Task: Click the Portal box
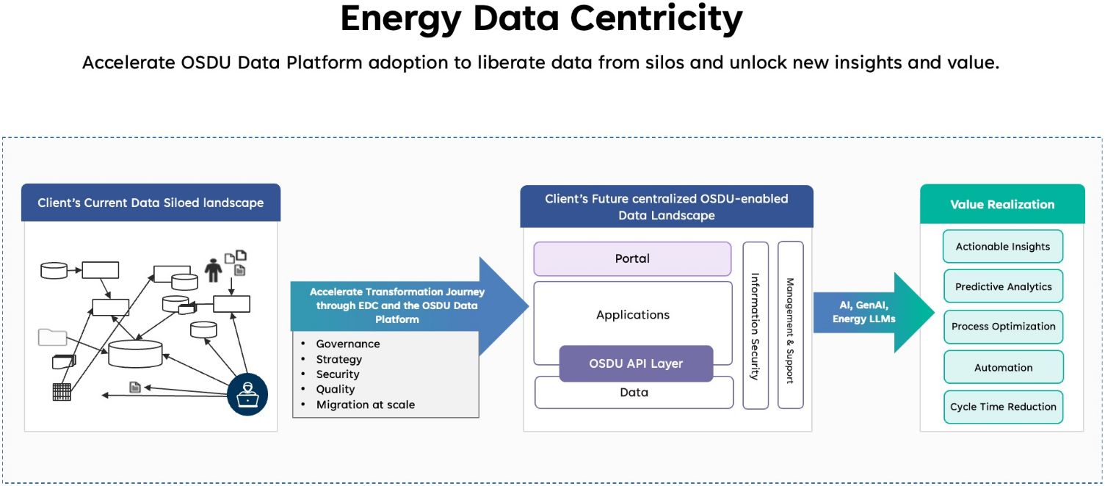632,258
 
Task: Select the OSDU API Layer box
636,363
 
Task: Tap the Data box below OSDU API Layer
634,393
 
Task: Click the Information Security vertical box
755,325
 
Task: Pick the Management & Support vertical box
790,325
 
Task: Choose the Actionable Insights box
1002,247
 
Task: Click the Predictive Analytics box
1002,287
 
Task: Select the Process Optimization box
1002,327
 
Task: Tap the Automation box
1002,367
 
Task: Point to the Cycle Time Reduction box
1002,407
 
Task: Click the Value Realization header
1002,204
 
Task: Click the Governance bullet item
348,344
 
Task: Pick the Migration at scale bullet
365,405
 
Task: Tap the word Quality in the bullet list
336,389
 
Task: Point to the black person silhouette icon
214,269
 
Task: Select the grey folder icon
52,338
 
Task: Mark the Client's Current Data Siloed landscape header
151,203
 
